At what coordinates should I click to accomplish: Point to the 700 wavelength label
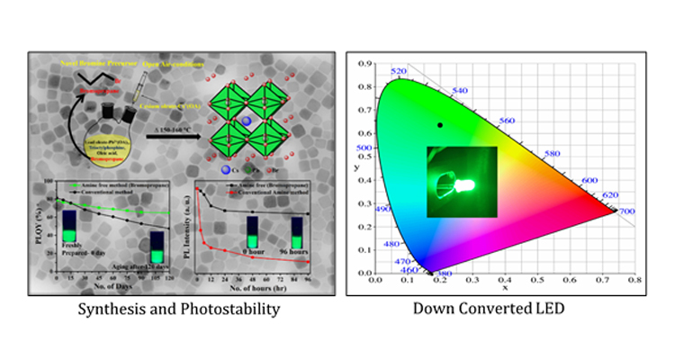click(625, 211)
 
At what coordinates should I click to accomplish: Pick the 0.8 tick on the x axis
click(635, 280)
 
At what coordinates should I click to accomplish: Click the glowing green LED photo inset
click(462, 181)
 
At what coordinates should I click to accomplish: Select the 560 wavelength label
click(504, 121)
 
